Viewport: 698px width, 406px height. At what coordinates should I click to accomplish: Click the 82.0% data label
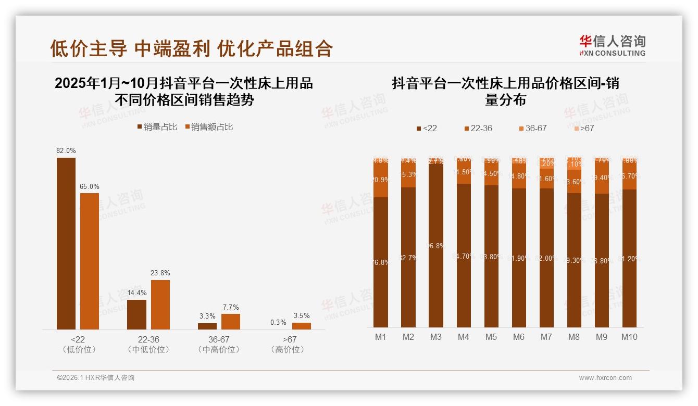66,150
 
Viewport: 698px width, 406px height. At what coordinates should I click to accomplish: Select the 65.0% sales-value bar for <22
90,261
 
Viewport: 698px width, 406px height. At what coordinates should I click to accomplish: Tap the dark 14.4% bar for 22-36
136,314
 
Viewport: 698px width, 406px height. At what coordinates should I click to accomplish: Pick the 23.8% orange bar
160,304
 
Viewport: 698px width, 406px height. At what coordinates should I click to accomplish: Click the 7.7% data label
231,307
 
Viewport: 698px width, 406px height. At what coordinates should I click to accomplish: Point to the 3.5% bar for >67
301,326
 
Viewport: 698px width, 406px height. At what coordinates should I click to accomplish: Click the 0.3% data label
278,322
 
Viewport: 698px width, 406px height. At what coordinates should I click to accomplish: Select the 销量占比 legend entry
157,127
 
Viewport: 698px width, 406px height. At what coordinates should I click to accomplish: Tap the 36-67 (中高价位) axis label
219,345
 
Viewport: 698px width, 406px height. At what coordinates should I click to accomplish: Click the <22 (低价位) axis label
78,345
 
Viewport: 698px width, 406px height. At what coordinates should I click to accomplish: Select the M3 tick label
435,337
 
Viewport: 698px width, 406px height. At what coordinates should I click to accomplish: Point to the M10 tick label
629,337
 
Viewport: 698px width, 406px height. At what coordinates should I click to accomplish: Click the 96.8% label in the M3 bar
435,246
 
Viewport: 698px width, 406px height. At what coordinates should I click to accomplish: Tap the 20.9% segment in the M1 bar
381,180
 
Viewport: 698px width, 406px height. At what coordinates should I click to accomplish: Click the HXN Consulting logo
612,45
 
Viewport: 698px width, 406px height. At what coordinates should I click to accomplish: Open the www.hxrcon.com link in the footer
605,378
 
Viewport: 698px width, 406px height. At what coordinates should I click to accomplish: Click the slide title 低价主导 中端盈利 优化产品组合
191,48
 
